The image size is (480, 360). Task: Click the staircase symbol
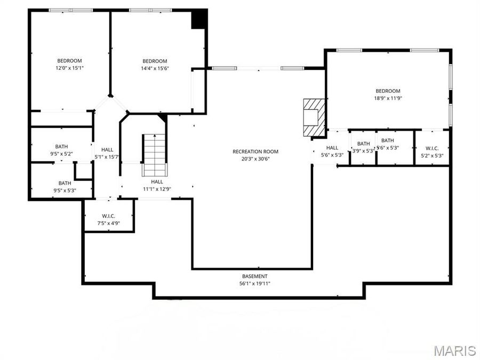(155, 155)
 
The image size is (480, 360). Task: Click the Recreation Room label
(255, 151)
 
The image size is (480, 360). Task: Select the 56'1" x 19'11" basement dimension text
(255, 284)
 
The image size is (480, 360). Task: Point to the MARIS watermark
(454, 350)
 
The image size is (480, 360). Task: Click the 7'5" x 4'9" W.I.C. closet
(108, 219)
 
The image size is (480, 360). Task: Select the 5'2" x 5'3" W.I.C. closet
(432, 151)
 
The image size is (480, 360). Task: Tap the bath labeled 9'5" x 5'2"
(61, 150)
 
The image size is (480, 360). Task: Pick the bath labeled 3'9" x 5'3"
(363, 147)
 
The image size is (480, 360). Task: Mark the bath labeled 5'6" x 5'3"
(388, 144)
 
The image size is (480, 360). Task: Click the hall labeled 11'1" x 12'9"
(157, 185)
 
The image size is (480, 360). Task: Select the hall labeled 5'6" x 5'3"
(332, 151)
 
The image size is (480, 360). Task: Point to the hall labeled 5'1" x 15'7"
(107, 154)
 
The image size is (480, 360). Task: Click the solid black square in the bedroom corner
(199, 20)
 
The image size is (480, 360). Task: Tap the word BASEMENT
(255, 276)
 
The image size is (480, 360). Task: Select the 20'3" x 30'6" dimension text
(255, 159)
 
